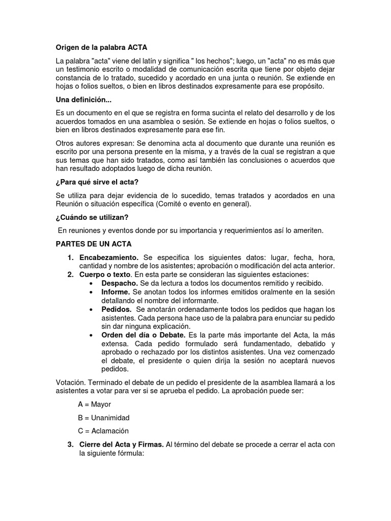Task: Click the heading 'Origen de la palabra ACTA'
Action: (101, 48)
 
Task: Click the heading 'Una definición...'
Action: (83, 99)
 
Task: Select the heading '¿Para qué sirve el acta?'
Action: (97, 182)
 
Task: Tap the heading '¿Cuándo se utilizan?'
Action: (92, 217)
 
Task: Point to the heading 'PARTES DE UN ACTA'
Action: (93, 244)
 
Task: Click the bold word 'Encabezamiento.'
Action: (109, 257)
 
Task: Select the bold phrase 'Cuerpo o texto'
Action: (105, 275)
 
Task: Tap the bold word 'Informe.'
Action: (116, 292)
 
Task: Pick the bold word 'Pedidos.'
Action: (117, 309)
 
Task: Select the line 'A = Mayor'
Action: (94, 404)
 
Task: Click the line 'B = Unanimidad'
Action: (103, 418)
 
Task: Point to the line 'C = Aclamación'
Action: (103, 431)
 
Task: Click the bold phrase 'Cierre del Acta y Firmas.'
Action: (121, 445)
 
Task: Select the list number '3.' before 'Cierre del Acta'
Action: (71, 445)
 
